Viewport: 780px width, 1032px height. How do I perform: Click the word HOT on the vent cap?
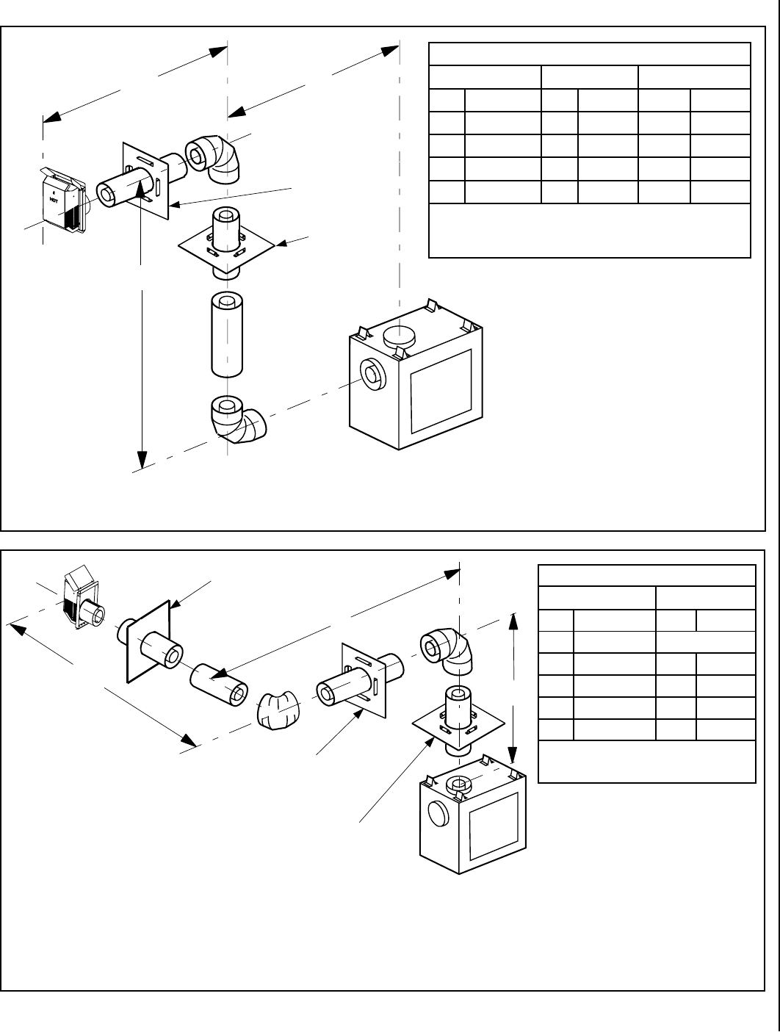(54, 199)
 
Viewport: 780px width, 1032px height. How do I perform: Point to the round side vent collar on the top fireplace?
(372, 375)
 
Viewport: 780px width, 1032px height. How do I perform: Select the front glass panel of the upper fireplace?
(440, 391)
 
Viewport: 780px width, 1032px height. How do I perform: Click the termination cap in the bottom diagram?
(82, 601)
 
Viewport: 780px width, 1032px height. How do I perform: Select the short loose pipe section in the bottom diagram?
(218, 685)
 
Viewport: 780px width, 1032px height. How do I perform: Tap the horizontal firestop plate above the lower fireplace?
(459, 725)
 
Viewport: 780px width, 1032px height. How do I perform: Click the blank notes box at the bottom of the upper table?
(589, 230)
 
